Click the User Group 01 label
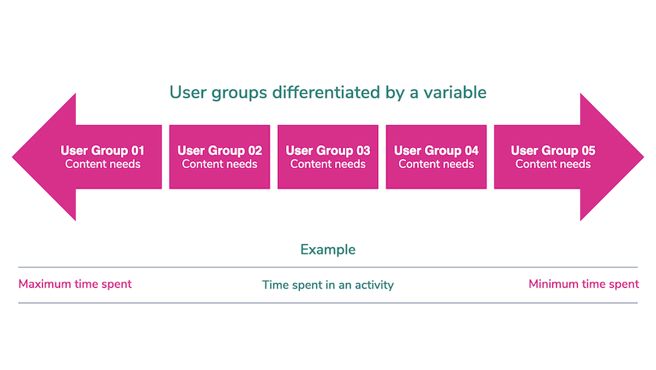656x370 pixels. (x=102, y=150)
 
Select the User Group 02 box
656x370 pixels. (x=219, y=156)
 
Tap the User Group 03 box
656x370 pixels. (x=328, y=156)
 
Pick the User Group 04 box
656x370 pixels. (x=437, y=156)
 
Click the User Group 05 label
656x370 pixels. (x=553, y=150)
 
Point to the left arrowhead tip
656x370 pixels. (x=12, y=157)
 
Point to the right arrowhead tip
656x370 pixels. (x=644, y=157)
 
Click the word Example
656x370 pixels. (x=328, y=250)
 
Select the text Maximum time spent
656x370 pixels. (x=75, y=284)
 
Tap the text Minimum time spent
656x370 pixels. (x=583, y=284)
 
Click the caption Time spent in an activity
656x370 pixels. (x=328, y=285)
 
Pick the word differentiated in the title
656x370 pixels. (x=326, y=92)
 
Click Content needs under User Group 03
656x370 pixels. (x=328, y=163)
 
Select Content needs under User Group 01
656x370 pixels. (x=102, y=163)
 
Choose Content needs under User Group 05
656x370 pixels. (x=553, y=163)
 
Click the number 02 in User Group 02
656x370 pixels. (x=255, y=150)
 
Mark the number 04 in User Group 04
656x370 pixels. (x=472, y=150)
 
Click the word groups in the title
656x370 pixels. (x=239, y=93)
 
